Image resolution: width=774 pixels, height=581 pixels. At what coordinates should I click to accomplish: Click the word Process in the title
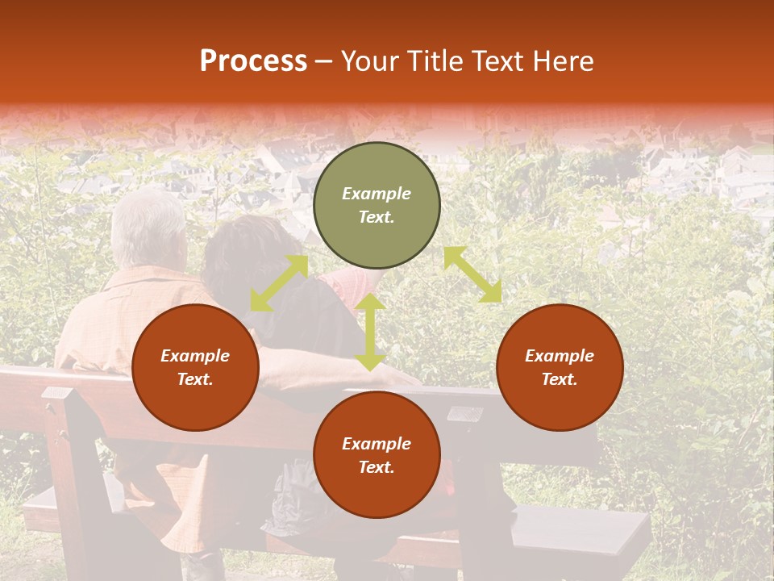[x=253, y=61]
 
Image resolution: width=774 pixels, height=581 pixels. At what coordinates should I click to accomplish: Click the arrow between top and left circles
[x=279, y=283]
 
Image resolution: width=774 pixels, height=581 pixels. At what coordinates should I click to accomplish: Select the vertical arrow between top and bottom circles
[x=370, y=332]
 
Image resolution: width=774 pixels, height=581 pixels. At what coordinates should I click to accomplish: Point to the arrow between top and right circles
[x=472, y=274]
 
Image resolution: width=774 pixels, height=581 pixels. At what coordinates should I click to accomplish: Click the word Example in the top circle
[x=377, y=194]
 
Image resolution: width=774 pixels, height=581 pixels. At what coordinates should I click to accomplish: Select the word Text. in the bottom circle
[x=377, y=467]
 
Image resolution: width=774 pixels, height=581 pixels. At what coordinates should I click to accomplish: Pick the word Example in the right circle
[x=560, y=356]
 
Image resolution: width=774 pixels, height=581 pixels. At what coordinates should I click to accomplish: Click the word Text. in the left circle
[x=195, y=379]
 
